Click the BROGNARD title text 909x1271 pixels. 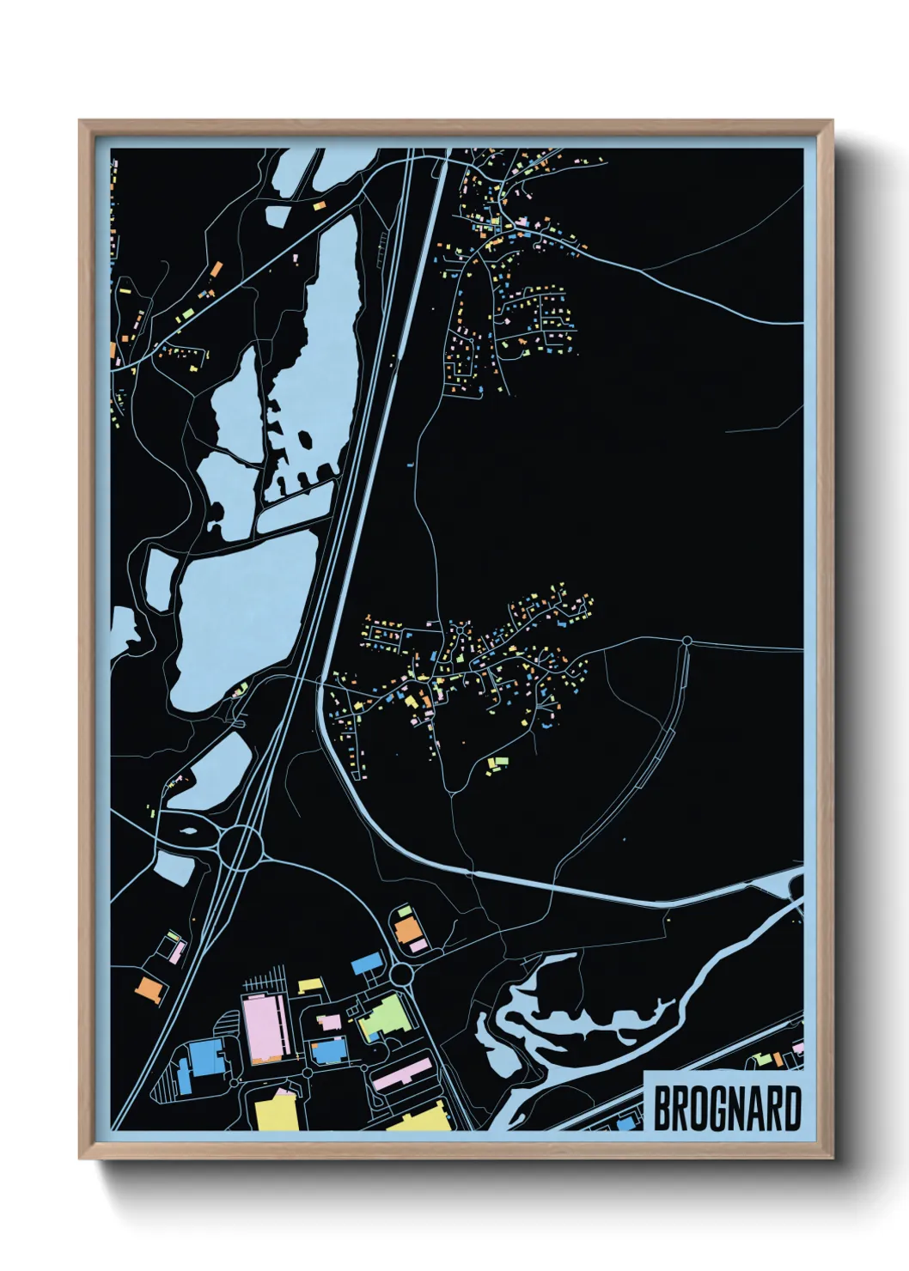click(x=727, y=1110)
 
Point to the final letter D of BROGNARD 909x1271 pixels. click(x=791, y=1110)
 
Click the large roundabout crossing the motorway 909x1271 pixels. click(x=241, y=848)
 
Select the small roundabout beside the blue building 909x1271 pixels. click(x=401, y=975)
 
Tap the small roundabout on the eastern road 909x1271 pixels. click(x=686, y=641)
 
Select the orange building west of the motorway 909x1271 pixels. click(x=150, y=990)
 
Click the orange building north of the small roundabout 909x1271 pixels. click(x=406, y=929)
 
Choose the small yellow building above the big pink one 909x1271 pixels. click(x=309, y=985)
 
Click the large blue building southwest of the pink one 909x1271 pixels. click(x=204, y=1057)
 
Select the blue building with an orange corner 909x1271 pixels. click(x=328, y=1049)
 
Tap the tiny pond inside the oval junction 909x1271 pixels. click(x=186, y=832)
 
